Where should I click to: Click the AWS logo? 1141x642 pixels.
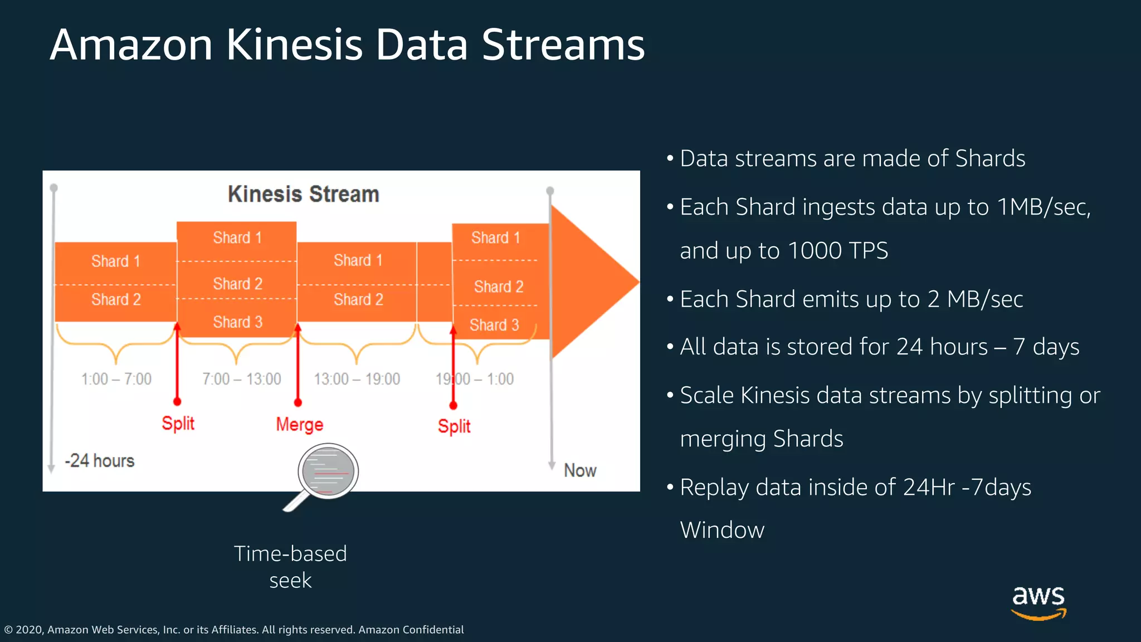pyautogui.click(x=1038, y=602)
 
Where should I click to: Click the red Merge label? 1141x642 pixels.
pyautogui.click(x=299, y=425)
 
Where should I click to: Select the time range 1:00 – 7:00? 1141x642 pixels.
pyautogui.click(x=116, y=380)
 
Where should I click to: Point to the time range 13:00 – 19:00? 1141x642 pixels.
pyautogui.click(x=357, y=380)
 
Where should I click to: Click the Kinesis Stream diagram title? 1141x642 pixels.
pyautogui.click(x=303, y=194)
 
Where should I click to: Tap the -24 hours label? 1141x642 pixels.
pyautogui.click(x=100, y=461)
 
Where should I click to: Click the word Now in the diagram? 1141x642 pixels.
pyautogui.click(x=579, y=470)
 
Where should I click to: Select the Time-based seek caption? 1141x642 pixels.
pyautogui.click(x=290, y=567)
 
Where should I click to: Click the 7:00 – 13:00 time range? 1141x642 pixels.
pyautogui.click(x=241, y=380)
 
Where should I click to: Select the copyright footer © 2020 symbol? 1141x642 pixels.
pyautogui.click(x=8, y=630)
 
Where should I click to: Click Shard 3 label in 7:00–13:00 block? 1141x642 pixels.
pyautogui.click(x=237, y=322)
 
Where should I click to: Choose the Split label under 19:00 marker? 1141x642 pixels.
pyautogui.click(x=454, y=426)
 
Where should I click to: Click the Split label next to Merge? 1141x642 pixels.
pyautogui.click(x=178, y=424)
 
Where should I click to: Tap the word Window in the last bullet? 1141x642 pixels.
pyautogui.click(x=722, y=530)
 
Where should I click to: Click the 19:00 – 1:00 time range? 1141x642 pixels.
pyautogui.click(x=475, y=380)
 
